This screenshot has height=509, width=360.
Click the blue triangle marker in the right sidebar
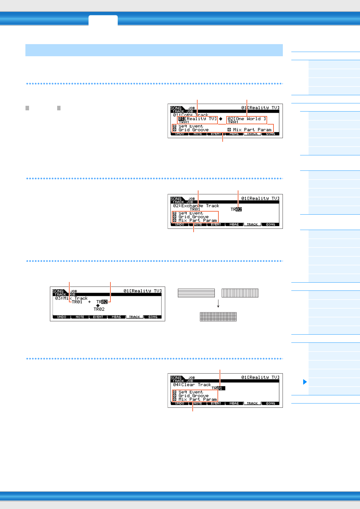click(x=305, y=382)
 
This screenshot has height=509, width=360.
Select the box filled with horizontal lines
click(x=196, y=293)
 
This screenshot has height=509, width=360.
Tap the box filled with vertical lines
click(x=240, y=293)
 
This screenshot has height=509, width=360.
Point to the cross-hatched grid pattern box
click(x=218, y=316)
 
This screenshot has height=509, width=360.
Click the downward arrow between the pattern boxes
click(x=218, y=304)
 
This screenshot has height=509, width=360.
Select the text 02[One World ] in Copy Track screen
click(x=247, y=119)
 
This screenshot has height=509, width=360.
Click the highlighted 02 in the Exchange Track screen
click(x=239, y=209)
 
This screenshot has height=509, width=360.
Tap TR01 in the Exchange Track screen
click(x=195, y=209)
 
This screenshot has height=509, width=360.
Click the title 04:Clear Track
click(x=192, y=385)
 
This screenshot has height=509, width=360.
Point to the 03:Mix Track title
click(x=71, y=298)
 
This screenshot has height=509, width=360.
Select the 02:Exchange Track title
click(x=196, y=206)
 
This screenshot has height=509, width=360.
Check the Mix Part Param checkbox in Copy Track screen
click(x=229, y=130)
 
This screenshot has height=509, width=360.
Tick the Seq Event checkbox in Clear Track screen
click(x=175, y=392)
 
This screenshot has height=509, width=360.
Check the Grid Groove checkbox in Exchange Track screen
click(x=175, y=217)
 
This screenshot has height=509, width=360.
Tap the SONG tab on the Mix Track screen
click(x=153, y=317)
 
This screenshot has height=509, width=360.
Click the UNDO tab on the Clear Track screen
click(x=180, y=404)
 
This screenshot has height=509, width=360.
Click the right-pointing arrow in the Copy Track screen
click(x=221, y=119)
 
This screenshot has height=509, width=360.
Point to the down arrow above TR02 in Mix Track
click(x=98, y=306)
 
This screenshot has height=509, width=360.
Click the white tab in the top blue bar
click(x=103, y=20)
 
